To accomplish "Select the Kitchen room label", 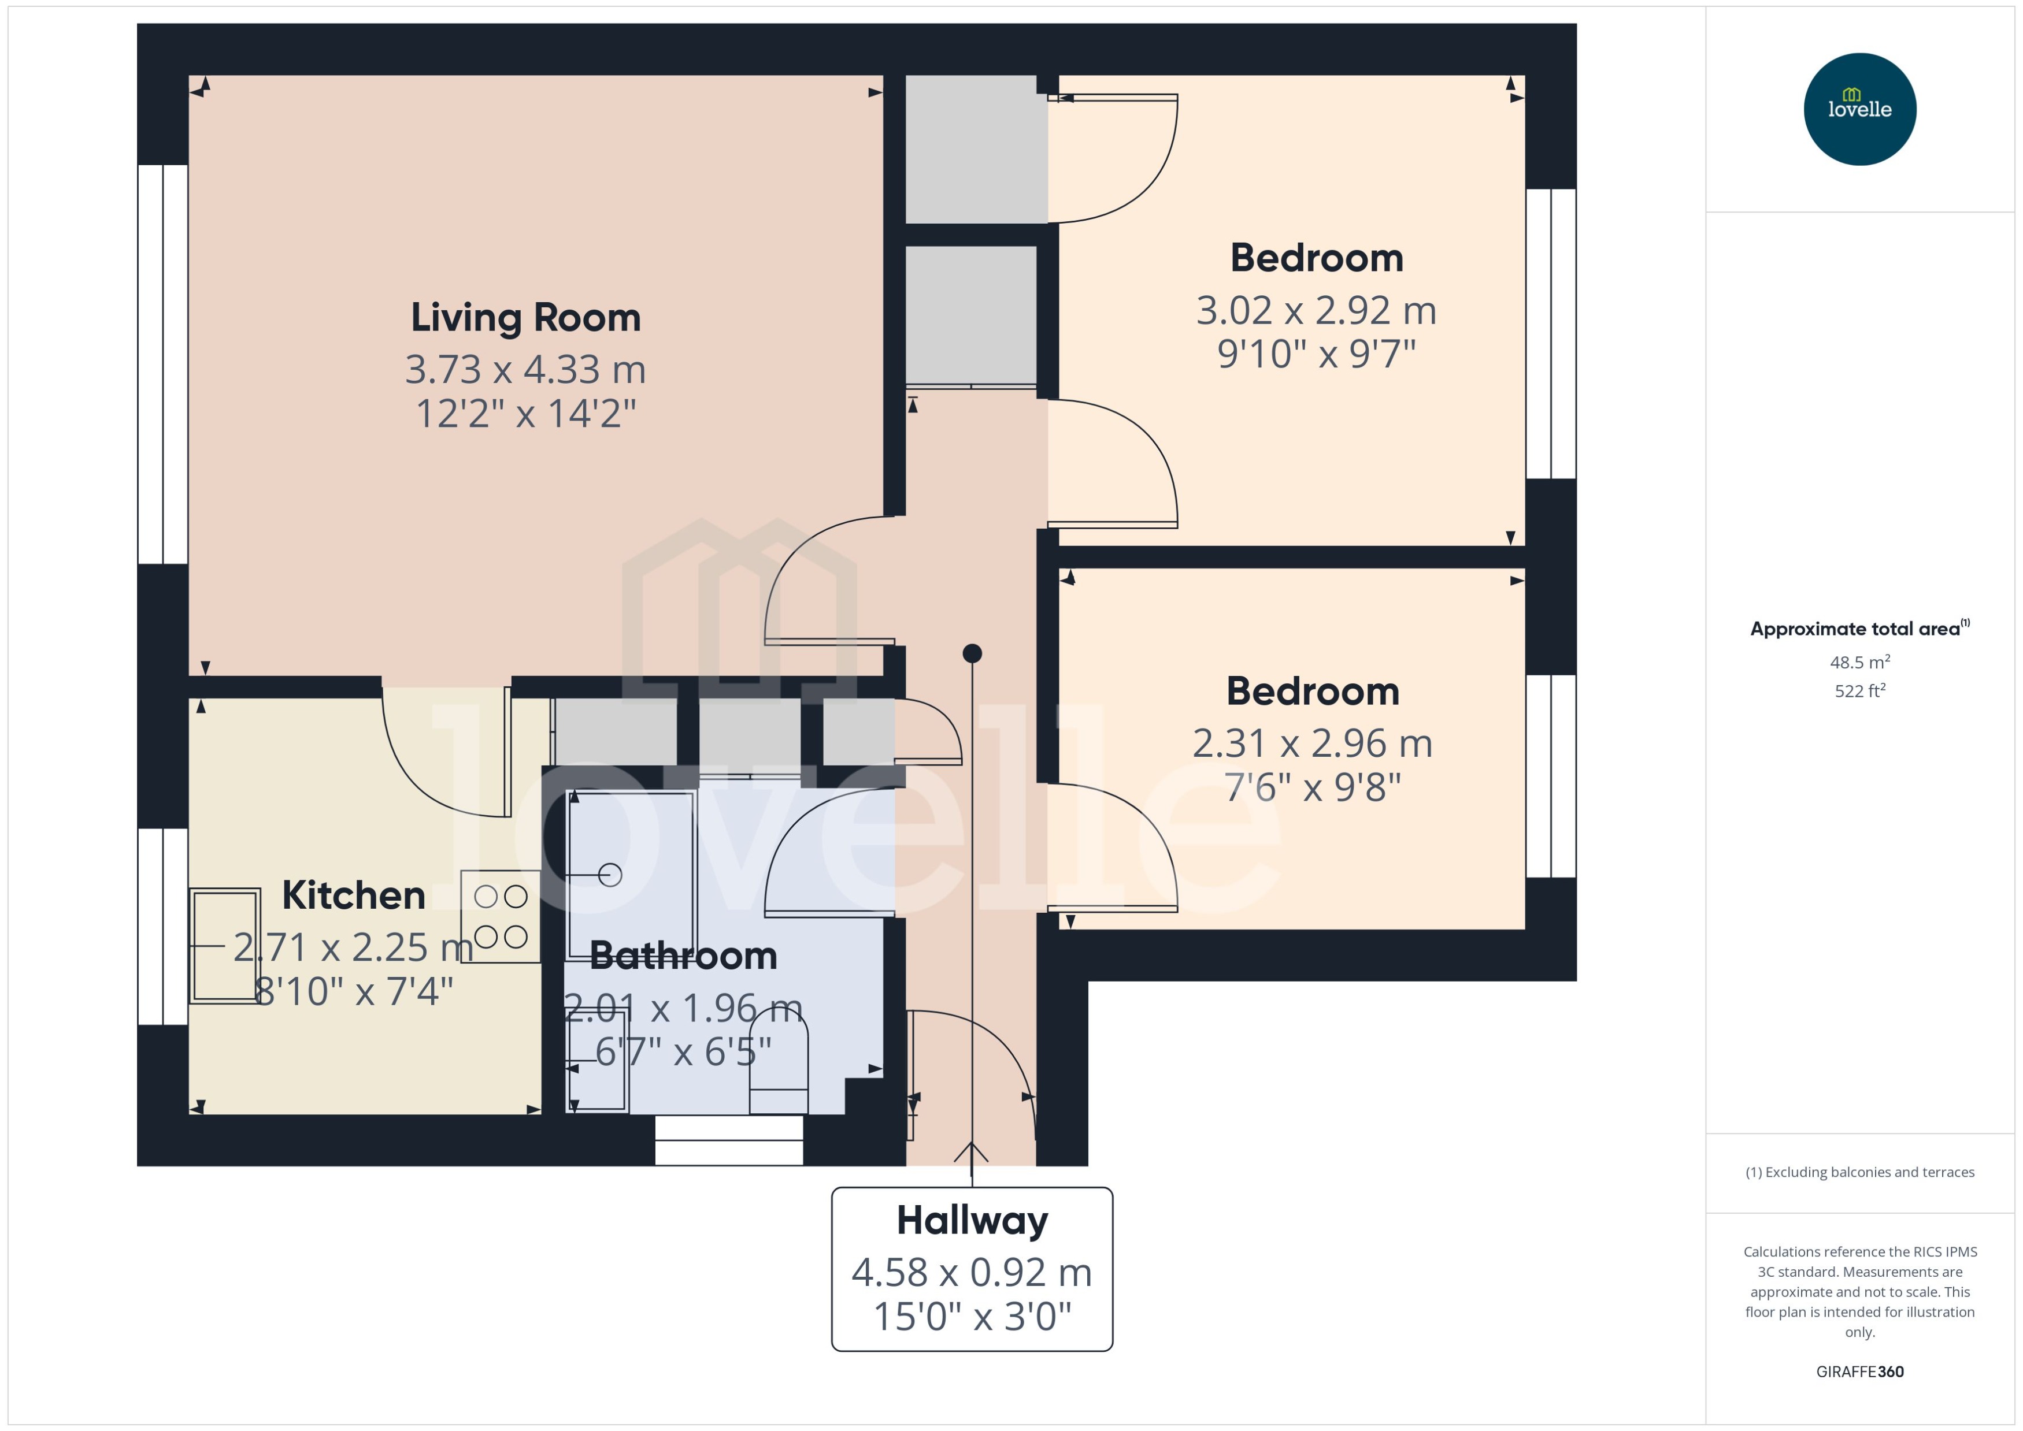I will coord(354,895).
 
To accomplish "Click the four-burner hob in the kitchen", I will coord(500,916).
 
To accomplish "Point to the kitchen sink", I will coord(225,946).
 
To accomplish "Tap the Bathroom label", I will coord(683,956).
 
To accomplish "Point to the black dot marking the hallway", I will coord(972,653).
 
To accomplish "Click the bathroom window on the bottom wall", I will coord(729,1140).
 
